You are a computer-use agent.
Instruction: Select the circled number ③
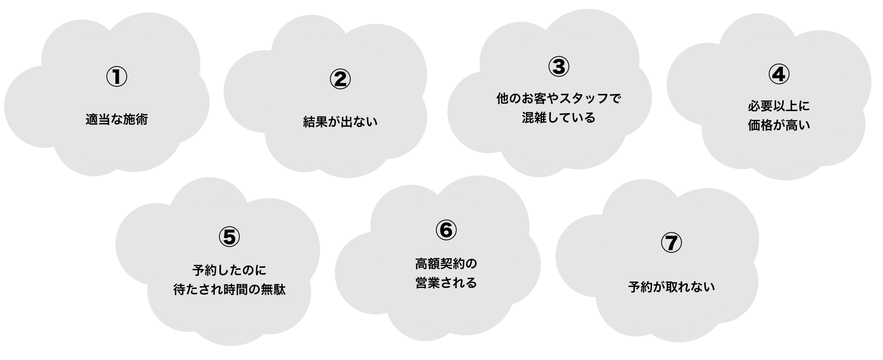tap(558, 67)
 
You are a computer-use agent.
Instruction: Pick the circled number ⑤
tap(229, 237)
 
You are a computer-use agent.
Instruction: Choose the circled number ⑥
tap(446, 230)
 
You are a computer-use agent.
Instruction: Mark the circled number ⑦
tap(671, 243)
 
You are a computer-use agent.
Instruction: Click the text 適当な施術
tap(117, 120)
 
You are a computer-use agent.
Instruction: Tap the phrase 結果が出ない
tap(340, 122)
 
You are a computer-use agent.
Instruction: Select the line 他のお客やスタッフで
tap(558, 99)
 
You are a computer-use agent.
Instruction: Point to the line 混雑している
tap(558, 118)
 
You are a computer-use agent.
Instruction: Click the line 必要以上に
tap(778, 106)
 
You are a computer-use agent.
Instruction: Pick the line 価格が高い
tap(778, 125)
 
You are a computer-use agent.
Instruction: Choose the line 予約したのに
tap(229, 270)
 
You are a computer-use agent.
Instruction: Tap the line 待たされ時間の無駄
tap(229, 290)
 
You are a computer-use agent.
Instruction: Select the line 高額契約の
tap(446, 264)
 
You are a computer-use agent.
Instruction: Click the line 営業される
tap(446, 283)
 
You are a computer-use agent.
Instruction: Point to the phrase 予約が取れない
tap(672, 287)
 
